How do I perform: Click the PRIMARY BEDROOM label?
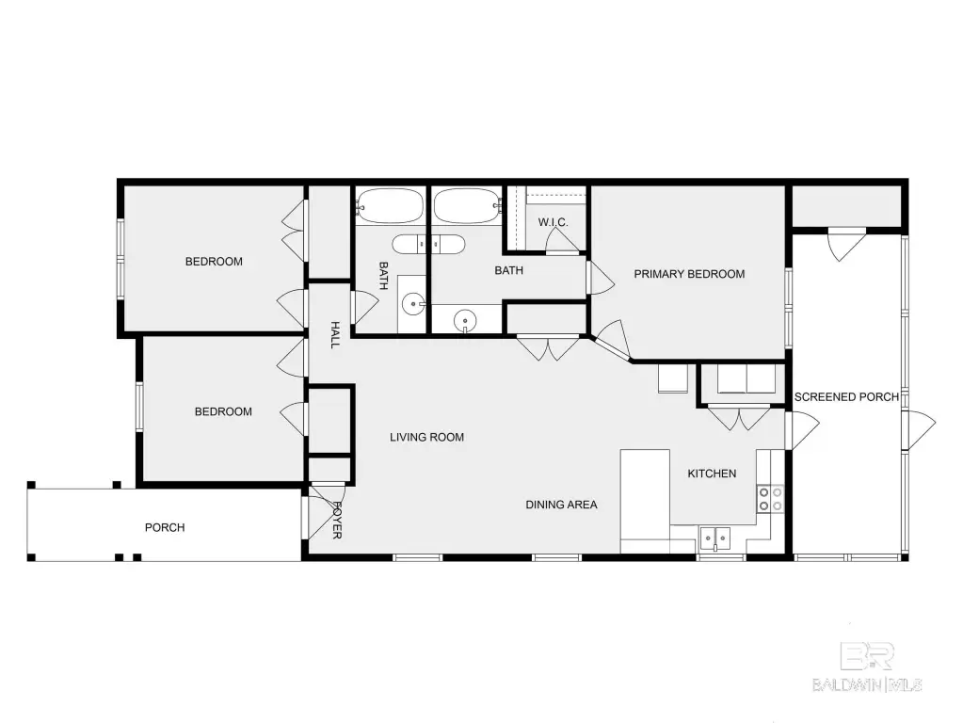(689, 274)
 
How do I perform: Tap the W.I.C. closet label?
(553, 222)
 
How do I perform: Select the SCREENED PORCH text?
(846, 397)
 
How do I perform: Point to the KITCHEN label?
(712, 474)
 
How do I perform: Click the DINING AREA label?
(561, 505)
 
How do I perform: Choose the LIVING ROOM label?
(426, 438)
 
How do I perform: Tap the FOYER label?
(337, 521)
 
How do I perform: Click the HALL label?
(335, 335)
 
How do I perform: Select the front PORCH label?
(165, 527)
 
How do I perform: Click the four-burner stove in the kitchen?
(770, 499)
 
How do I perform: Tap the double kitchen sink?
(715, 538)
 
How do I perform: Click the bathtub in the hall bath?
(390, 206)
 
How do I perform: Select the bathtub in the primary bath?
(467, 206)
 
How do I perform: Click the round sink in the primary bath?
(465, 321)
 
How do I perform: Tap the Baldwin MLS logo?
(867, 667)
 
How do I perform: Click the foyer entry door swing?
(324, 510)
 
